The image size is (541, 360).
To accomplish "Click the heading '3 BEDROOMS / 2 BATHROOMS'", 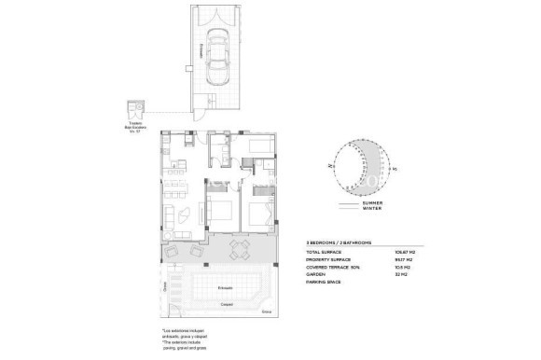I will (x=340, y=242).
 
